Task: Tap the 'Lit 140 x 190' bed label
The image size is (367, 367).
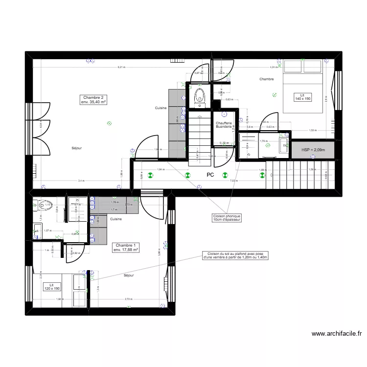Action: click(302, 96)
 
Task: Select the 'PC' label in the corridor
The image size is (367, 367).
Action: click(210, 175)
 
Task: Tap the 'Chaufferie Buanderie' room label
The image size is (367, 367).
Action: click(224, 125)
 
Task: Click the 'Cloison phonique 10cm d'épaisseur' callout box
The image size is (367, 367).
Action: click(227, 218)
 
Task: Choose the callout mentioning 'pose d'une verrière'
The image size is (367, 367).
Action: click(235, 255)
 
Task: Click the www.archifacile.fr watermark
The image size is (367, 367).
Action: click(337, 335)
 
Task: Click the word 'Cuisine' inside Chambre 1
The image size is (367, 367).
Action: click(116, 219)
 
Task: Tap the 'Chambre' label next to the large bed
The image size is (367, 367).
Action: click(267, 79)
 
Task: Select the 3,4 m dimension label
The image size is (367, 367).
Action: click(80, 181)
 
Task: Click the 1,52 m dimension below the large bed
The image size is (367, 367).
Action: click(312, 131)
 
